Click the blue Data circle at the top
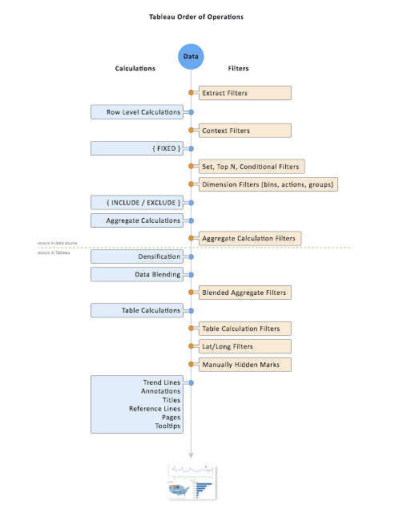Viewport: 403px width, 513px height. [191, 58]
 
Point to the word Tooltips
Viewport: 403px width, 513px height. [167, 426]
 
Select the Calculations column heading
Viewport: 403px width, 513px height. [135, 69]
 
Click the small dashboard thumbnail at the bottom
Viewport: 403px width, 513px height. [191, 481]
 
